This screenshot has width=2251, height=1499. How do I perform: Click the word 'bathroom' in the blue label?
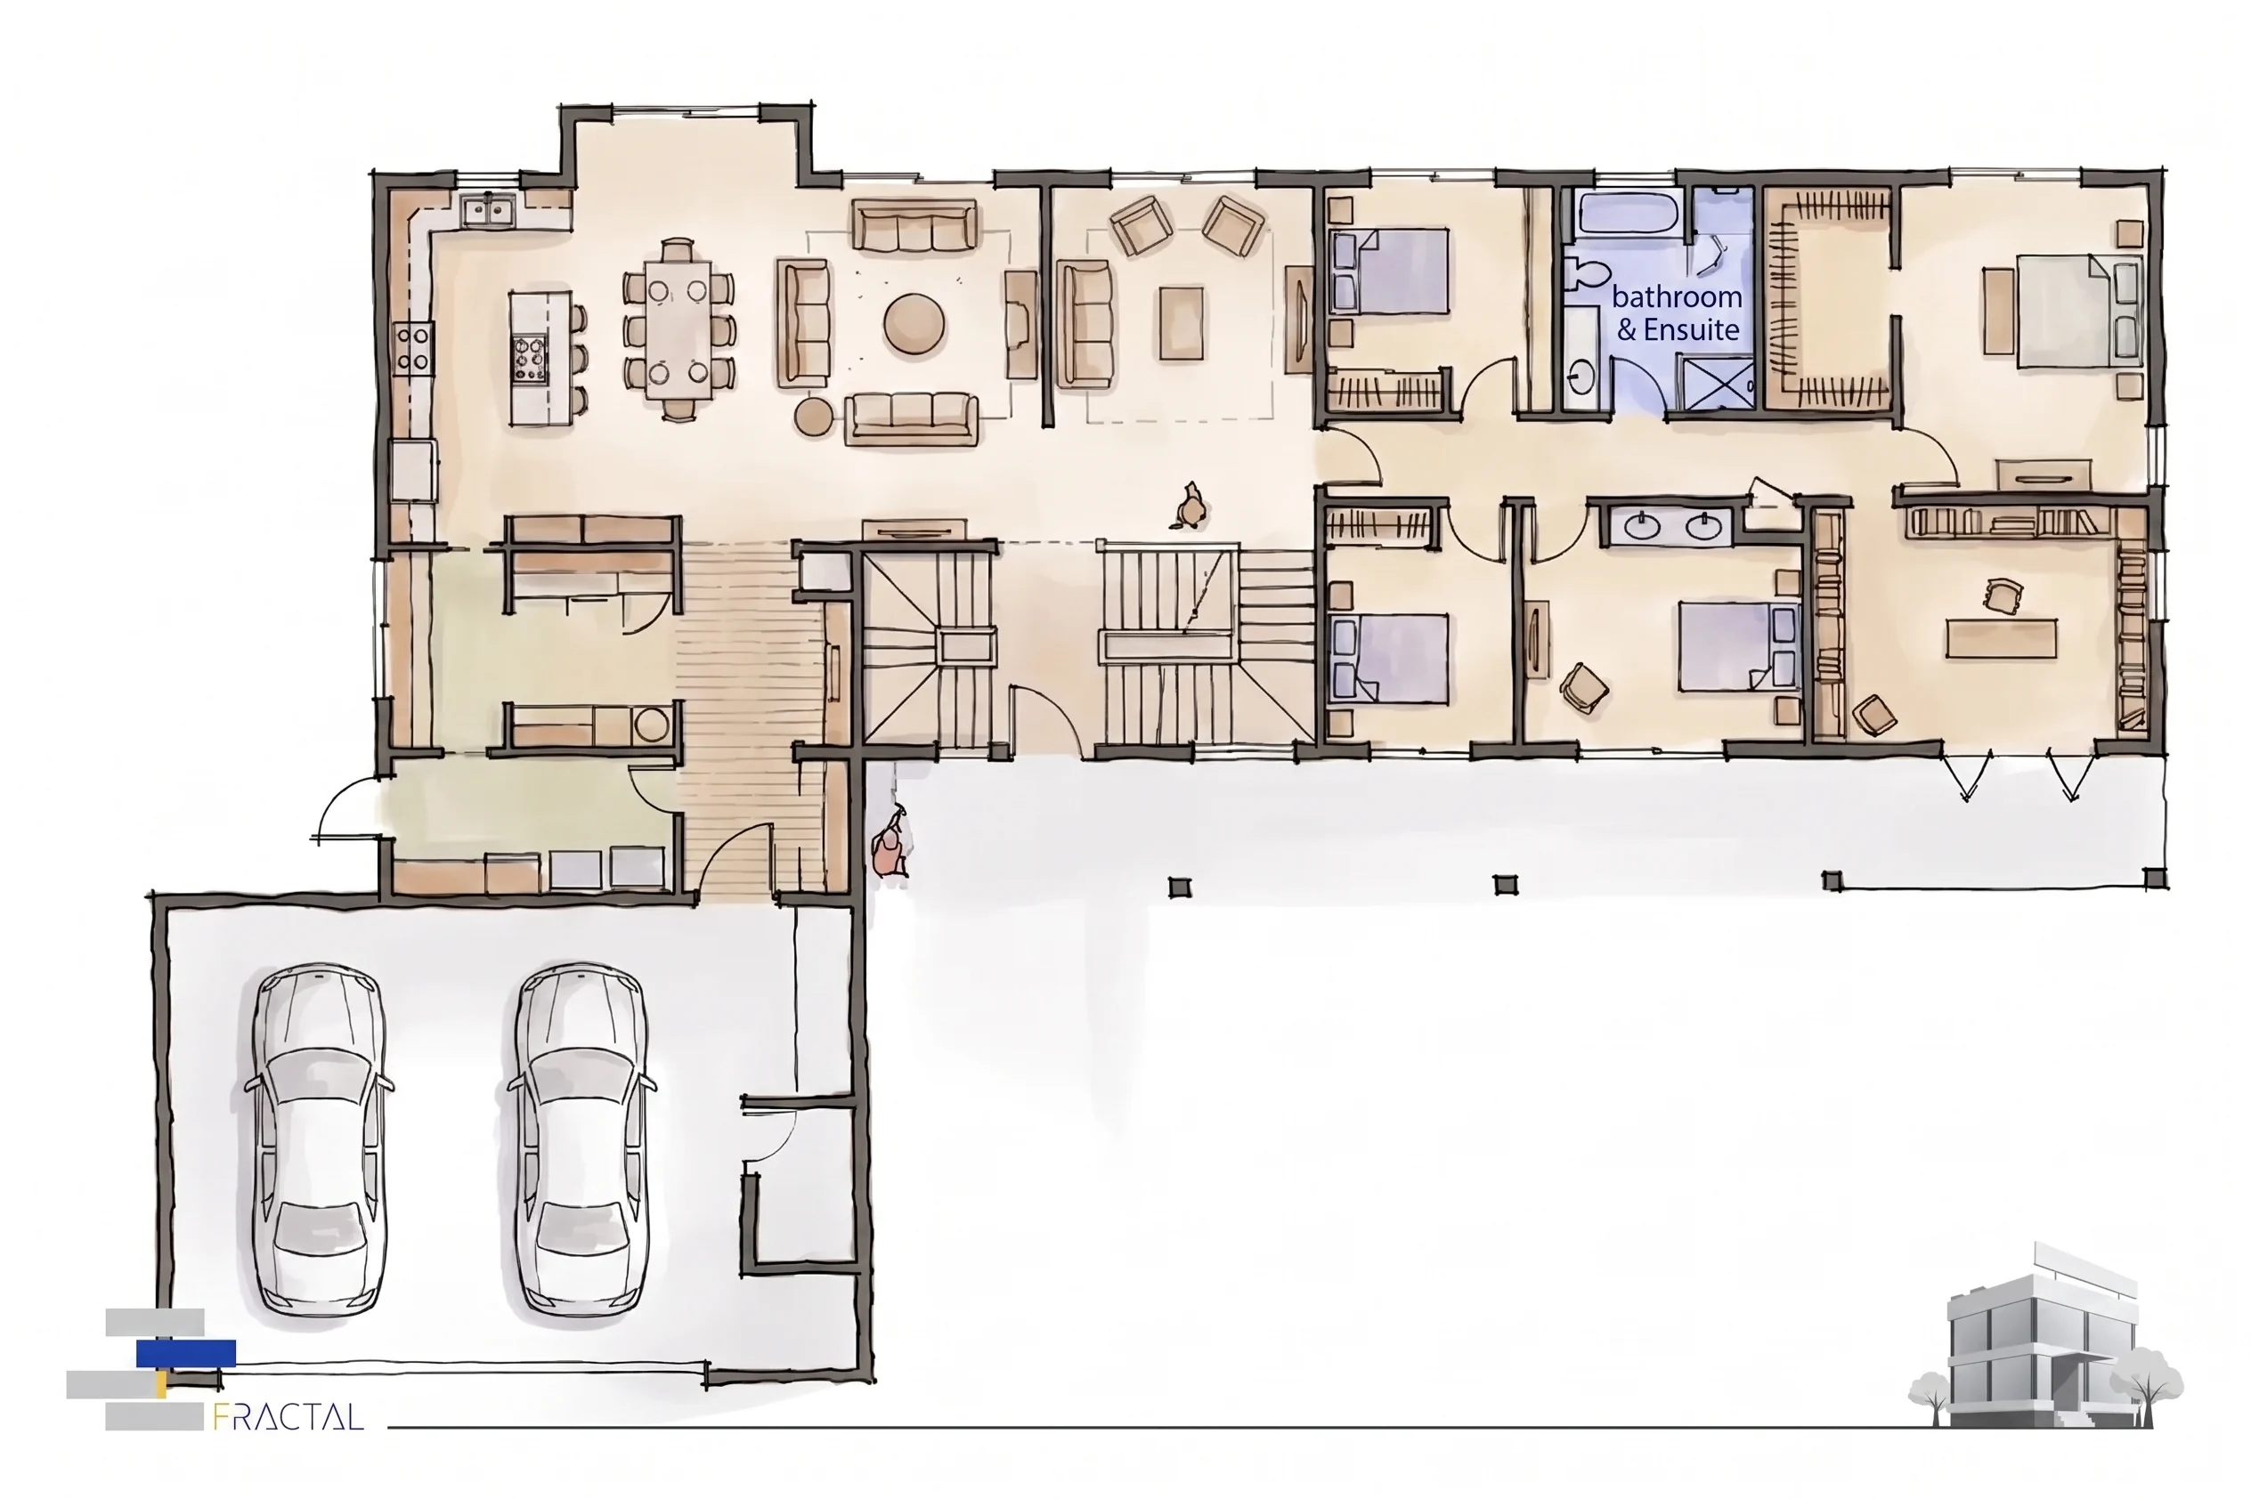pos(1677,296)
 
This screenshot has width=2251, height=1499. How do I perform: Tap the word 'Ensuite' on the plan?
pos(1691,330)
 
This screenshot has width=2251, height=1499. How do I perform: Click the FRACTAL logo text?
pos(288,1416)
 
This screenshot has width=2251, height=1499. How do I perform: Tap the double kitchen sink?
pos(488,208)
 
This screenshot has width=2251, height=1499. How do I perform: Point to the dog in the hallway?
pos(1189,506)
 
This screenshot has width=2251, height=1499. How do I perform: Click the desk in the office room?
pos(2001,637)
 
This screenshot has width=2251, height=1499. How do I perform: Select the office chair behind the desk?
pos(2000,595)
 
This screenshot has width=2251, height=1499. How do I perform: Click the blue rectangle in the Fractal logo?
pos(185,1354)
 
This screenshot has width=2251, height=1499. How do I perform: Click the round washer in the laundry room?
pos(651,725)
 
